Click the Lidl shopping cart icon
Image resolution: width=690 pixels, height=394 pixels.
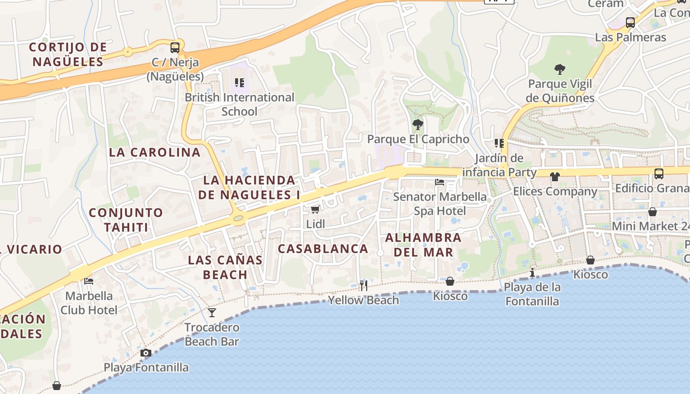coord(315,210)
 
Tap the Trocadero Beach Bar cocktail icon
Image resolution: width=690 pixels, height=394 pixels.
coord(212,313)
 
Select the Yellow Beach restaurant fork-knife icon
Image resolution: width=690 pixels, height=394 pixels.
coord(364,285)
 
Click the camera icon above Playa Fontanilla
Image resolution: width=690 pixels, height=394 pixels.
coord(145,353)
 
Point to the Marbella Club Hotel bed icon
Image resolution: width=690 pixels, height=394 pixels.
coord(89,281)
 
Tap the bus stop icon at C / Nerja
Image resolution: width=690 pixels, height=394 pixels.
coord(175,48)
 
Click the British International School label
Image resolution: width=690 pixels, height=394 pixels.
coord(240,104)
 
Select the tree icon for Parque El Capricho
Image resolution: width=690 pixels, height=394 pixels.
coord(418,124)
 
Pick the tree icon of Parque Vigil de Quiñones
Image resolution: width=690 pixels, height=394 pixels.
coord(559,69)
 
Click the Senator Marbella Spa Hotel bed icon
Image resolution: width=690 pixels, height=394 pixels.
coord(440,182)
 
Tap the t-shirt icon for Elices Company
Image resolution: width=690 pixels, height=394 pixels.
coord(555,176)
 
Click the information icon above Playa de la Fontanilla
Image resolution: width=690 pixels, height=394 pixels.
coord(532,272)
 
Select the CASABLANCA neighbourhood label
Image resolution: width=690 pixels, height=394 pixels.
coord(323,249)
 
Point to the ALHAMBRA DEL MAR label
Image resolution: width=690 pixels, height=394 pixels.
coord(423,245)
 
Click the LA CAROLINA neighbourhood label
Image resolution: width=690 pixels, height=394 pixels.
coord(154,152)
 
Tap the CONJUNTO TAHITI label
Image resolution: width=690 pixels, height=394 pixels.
coord(126,220)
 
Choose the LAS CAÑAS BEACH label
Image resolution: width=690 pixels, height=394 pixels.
coord(225,267)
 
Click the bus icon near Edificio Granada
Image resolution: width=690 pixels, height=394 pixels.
coord(659,173)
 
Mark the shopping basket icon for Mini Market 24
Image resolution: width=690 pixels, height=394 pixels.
coord(653,212)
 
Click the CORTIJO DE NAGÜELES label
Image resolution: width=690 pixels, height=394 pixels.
coord(68,55)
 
